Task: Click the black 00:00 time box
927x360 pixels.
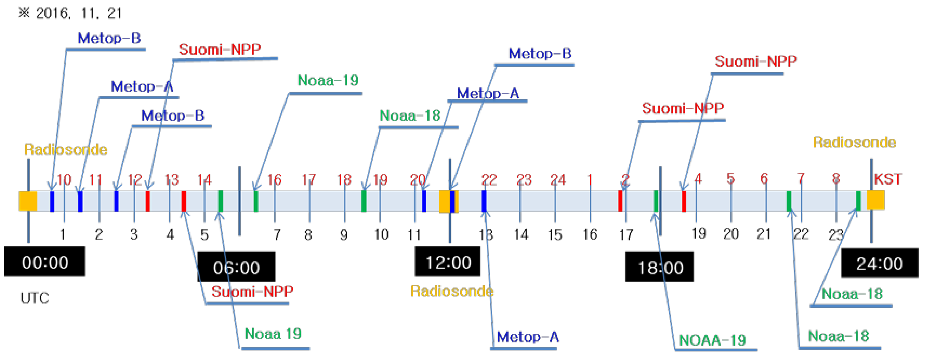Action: coord(45,262)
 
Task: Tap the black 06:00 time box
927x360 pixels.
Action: coord(236,267)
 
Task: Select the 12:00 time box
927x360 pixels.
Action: coord(448,262)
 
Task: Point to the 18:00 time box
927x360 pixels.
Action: coord(660,267)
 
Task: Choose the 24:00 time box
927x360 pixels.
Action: coord(879,263)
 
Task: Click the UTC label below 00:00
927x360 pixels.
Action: coord(35,298)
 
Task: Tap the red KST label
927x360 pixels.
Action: coord(888,179)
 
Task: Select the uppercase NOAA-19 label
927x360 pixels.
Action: coord(712,340)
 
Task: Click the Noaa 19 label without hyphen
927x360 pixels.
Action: coord(273,334)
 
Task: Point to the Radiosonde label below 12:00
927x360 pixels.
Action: coord(452,291)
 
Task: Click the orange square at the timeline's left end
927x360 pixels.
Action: coord(28,201)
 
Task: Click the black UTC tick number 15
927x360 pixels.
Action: coord(555,235)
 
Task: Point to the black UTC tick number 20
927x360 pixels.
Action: coord(731,234)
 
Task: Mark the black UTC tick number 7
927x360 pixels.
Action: coord(277,235)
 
